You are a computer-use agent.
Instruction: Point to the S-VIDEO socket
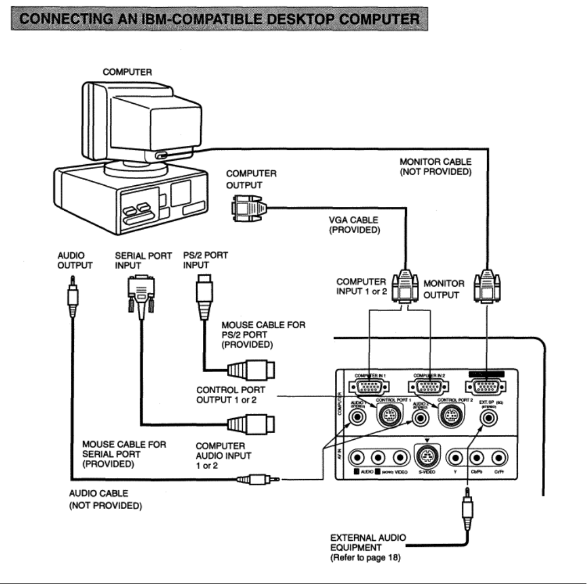pyautogui.click(x=425, y=458)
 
